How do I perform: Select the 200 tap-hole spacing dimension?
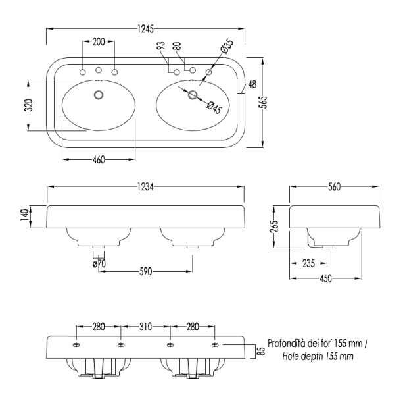point(99,41)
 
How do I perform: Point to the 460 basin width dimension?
point(99,159)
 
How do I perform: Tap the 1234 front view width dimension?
point(146,187)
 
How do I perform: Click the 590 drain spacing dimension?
point(147,270)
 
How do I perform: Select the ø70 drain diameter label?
point(99,263)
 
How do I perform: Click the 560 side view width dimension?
point(335,187)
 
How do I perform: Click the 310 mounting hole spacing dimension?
point(145,327)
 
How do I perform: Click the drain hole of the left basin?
point(99,95)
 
